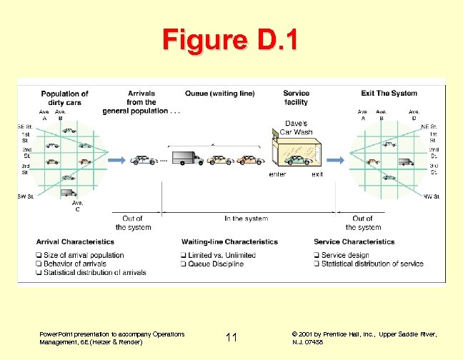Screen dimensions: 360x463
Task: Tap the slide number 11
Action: click(231, 337)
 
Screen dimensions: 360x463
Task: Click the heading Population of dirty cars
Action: click(64, 99)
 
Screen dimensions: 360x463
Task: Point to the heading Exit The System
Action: click(389, 94)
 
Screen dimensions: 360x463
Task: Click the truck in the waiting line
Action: click(187, 158)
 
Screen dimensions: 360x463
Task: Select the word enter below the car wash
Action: click(278, 174)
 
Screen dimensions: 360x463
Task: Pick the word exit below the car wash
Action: click(317, 174)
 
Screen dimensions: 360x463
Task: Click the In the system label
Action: click(246, 219)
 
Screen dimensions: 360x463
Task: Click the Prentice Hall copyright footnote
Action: click(364, 338)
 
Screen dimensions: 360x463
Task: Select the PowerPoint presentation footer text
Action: click(112, 338)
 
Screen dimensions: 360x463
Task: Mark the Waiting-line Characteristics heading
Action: click(229, 242)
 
